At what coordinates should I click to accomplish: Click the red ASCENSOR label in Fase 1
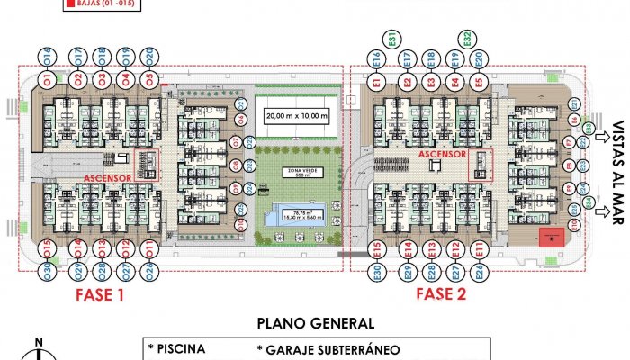(x=108, y=178)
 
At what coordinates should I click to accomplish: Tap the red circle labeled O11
(x=149, y=248)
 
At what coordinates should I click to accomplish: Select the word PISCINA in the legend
(x=181, y=349)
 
